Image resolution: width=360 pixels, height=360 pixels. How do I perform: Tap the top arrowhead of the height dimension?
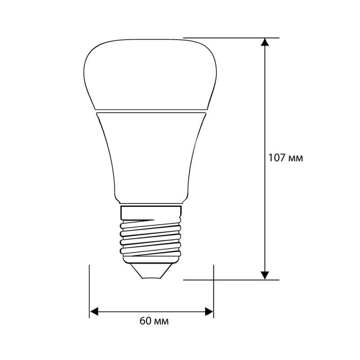coord(265,42)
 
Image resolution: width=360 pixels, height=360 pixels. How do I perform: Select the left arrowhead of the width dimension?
coord(94,311)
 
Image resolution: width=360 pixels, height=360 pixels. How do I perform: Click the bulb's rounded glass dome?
coord(151,72)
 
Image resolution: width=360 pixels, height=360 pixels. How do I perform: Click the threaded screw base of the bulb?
coord(151,236)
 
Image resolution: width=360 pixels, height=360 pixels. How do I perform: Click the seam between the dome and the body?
coord(151,110)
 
